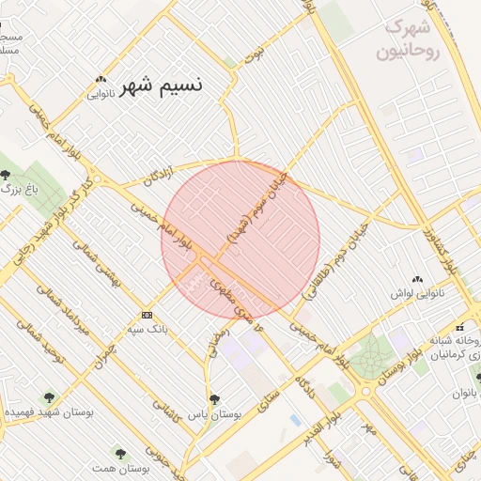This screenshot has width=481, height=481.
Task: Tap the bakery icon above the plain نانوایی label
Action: [x=102, y=79]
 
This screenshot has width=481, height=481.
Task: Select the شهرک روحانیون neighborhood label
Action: [x=408, y=39]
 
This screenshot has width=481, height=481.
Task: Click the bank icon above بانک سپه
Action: [x=147, y=315]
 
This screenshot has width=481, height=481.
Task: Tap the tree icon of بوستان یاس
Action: [x=214, y=398]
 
